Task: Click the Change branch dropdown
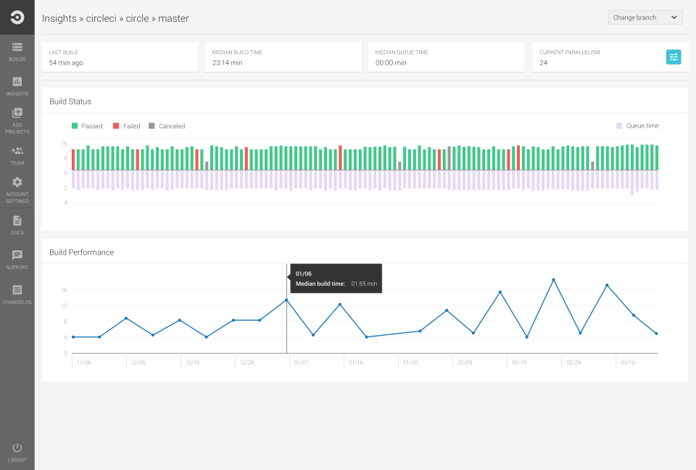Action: [x=645, y=17]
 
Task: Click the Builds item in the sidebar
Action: [x=17, y=51]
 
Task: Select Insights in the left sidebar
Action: [x=17, y=86]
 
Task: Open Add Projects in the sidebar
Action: [x=17, y=120]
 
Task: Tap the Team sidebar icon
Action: [x=17, y=155]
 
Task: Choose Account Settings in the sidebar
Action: [x=17, y=190]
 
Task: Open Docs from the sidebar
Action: [x=17, y=225]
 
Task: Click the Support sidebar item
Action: [x=17, y=260]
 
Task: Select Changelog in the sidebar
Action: [x=17, y=294]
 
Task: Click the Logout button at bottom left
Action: [x=17, y=452]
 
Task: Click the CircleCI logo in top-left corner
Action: [x=17, y=17]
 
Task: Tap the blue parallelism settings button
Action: [x=674, y=57]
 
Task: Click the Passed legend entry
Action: [x=87, y=126]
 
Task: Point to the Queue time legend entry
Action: [x=637, y=126]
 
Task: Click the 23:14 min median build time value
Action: [x=228, y=63]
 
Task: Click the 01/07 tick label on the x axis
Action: [x=302, y=363]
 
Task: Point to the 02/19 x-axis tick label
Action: [x=519, y=363]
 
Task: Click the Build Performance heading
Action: [x=81, y=252]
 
